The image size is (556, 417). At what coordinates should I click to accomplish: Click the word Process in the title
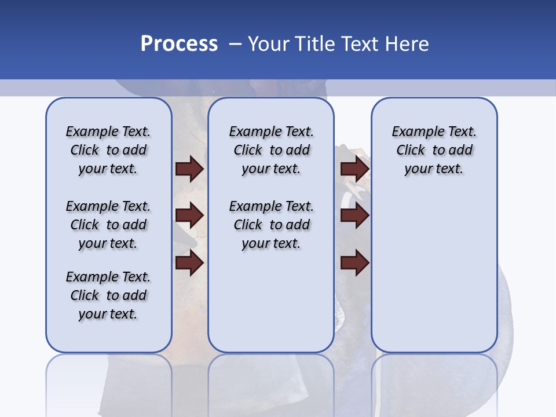179,44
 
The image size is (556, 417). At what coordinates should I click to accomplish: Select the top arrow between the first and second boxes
189,169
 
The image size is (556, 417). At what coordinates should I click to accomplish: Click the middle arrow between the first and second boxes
189,216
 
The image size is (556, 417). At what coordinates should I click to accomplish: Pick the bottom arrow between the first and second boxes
189,263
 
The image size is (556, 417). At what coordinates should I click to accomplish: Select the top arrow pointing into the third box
354,169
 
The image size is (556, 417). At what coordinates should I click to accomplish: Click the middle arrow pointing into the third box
354,216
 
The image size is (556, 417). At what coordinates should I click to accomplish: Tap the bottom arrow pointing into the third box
354,263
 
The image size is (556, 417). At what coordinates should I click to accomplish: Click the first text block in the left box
108,150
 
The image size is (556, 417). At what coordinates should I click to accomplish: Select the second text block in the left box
108,225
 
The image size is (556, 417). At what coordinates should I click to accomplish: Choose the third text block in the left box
108,295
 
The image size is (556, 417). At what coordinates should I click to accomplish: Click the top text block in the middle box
271,150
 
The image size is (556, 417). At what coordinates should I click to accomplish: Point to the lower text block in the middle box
271,225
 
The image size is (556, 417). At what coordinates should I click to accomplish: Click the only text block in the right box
434,150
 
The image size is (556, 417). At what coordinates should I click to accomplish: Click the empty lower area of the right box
434,272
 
